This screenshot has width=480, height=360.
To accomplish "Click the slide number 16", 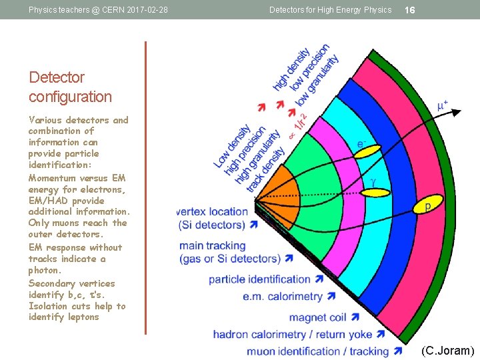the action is (410, 10).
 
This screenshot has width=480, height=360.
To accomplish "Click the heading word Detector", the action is (57, 77).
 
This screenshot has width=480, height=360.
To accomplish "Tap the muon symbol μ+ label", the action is (442, 106).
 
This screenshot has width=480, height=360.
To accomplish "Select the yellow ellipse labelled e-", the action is (365, 151).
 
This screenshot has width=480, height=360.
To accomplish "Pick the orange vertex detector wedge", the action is (275, 190).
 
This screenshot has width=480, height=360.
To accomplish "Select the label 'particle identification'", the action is (259, 279).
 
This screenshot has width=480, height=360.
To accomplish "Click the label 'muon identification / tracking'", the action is (317, 351).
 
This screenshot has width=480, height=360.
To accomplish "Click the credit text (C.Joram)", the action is (447, 351).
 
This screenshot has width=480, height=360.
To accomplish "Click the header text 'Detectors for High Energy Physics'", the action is (330, 10).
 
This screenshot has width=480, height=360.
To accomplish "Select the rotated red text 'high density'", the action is (291, 69).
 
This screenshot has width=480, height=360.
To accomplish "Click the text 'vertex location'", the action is (213, 211).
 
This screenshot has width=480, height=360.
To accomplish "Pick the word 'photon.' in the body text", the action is (45, 271).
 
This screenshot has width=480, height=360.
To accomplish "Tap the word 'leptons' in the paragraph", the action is (83, 317).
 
